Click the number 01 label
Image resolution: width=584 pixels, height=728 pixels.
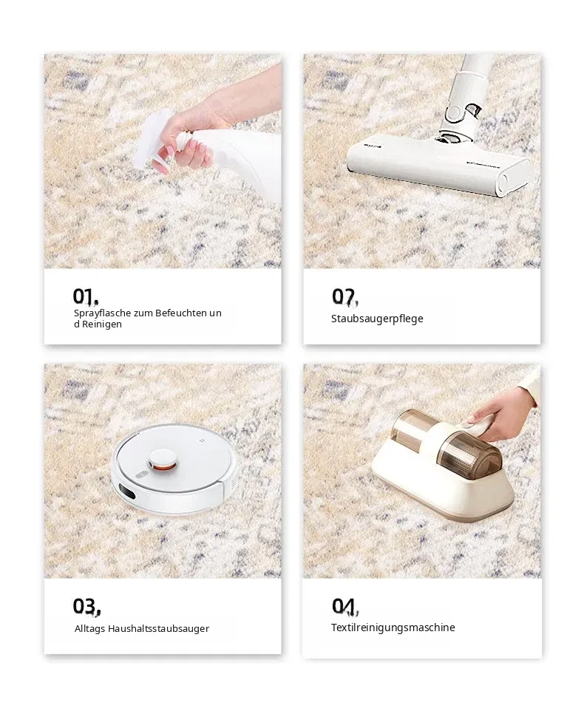click(86, 296)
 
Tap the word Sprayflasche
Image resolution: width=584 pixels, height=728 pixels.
click(102, 313)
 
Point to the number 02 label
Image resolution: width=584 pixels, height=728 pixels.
click(345, 296)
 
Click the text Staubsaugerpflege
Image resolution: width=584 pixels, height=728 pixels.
click(377, 319)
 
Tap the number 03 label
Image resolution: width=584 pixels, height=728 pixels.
click(86, 606)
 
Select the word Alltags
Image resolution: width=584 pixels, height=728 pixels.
click(90, 629)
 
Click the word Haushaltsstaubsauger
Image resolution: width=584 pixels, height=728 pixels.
click(158, 629)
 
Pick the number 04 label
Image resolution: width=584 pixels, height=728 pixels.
click(345, 606)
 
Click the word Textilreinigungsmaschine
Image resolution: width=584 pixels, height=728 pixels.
click(393, 627)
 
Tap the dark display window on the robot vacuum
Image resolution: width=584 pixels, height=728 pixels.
click(126, 491)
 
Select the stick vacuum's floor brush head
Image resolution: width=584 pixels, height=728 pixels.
click(438, 168)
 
